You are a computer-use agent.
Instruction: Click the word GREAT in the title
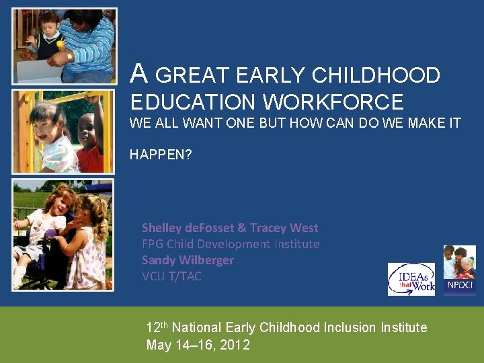[x=191, y=75]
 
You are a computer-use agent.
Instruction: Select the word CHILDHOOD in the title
[x=376, y=75]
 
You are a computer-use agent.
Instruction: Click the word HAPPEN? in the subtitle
[x=161, y=155]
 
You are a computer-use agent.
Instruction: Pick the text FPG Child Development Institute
[x=231, y=244]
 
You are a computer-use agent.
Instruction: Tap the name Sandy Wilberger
[x=188, y=260]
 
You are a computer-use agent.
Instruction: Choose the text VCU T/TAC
[x=171, y=276]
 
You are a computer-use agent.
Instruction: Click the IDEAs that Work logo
[x=411, y=279]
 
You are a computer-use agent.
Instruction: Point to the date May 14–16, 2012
[x=198, y=346]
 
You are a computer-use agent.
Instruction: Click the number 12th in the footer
[x=157, y=328]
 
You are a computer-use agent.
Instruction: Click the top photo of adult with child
[x=64, y=46]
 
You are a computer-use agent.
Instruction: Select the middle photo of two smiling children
[x=64, y=132]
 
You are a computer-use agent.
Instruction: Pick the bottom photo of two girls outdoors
[x=64, y=235]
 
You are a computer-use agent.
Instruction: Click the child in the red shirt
[x=89, y=145]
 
